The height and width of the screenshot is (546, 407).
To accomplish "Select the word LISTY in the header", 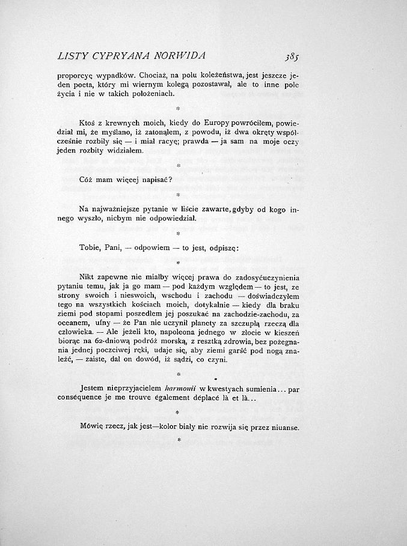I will (x=72, y=56).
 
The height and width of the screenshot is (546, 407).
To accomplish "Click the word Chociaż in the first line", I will (x=157, y=76).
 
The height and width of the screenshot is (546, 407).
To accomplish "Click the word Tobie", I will (x=90, y=248).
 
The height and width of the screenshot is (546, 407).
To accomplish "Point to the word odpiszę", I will (x=222, y=248).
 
